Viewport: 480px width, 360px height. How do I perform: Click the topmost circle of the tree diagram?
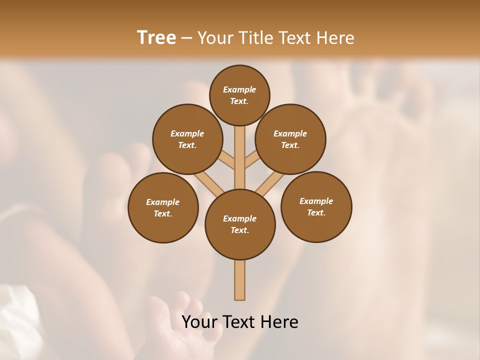click(x=239, y=95)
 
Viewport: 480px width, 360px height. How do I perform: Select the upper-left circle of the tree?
click(x=187, y=139)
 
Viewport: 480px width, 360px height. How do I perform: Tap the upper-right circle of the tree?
click(x=290, y=139)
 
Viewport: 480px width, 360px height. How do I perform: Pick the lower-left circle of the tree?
click(x=163, y=207)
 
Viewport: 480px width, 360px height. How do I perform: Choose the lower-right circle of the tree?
click(x=316, y=206)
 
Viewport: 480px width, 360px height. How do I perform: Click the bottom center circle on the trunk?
click(x=240, y=224)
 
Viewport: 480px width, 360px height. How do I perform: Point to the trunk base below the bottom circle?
click(x=240, y=280)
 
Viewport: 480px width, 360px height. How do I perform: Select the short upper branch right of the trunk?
click(x=252, y=160)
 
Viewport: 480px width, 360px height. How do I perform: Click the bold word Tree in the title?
click(x=156, y=37)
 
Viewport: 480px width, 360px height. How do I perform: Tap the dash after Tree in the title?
click(x=187, y=38)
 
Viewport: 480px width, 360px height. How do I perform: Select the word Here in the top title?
click(x=336, y=37)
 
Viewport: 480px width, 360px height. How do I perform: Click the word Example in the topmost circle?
click(x=239, y=89)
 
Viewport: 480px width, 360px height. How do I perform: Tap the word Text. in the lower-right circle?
click(x=316, y=212)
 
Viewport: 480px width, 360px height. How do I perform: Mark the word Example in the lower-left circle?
click(x=163, y=202)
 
